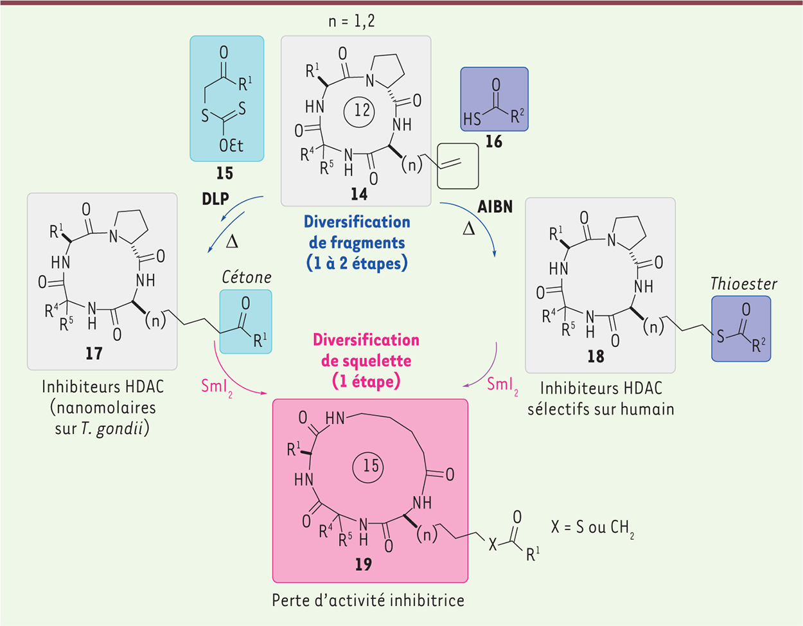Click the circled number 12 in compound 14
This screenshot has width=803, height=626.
coord(359,111)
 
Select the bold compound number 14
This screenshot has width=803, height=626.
coord(359,194)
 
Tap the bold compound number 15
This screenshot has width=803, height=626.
coord(225,173)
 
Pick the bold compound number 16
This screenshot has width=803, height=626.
coord(494,141)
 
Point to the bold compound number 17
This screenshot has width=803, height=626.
coord(94,353)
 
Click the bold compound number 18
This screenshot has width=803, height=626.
coord(596,356)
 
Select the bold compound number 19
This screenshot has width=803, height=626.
coord(363,564)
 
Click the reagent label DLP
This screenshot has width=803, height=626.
coord(215,199)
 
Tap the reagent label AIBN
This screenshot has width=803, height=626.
coord(495,206)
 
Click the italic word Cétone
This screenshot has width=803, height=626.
coord(247,277)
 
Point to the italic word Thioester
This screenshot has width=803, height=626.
coord(743,284)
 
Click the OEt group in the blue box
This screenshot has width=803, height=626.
coord(231,145)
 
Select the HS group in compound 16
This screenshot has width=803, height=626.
coord(473,119)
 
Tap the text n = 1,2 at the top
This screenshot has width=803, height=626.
coord(352,21)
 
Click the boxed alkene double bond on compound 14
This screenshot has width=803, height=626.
coord(450,164)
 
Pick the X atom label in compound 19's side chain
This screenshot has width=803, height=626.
coord(493,544)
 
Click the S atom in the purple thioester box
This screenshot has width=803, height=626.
coord(721,336)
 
